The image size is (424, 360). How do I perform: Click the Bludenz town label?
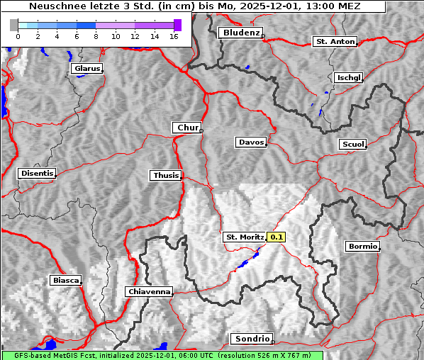240,33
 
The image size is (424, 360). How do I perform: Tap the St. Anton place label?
334,42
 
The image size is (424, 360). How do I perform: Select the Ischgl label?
348,77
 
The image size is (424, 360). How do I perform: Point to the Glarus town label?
86,69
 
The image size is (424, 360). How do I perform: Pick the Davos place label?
250,142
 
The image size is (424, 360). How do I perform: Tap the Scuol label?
352,145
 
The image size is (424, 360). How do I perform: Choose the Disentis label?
37,174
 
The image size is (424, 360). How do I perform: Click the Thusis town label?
165,175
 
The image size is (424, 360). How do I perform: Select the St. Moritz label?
244,237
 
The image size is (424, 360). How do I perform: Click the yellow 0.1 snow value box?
277,237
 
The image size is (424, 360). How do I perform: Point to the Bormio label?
362,247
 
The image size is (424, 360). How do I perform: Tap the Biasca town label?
65,281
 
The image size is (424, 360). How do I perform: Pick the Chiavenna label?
148,291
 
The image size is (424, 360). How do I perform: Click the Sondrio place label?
250,339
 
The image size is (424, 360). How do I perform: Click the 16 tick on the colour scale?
174,35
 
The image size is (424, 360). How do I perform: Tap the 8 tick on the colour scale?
96,35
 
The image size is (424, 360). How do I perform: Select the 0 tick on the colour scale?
17,35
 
